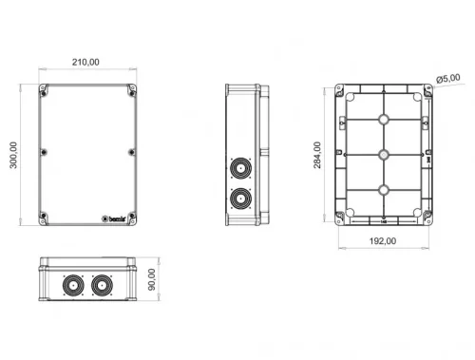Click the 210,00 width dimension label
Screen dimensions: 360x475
[85, 62]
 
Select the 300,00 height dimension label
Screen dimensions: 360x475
[13, 155]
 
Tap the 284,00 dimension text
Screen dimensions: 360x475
[317, 154]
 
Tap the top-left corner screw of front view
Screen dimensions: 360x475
[44, 92]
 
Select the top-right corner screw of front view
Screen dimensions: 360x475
[130, 92]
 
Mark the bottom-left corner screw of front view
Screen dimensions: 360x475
[44, 218]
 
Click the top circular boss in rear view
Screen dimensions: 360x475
[383, 120]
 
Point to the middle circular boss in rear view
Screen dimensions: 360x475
[383, 154]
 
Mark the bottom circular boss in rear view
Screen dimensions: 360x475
[383, 189]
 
